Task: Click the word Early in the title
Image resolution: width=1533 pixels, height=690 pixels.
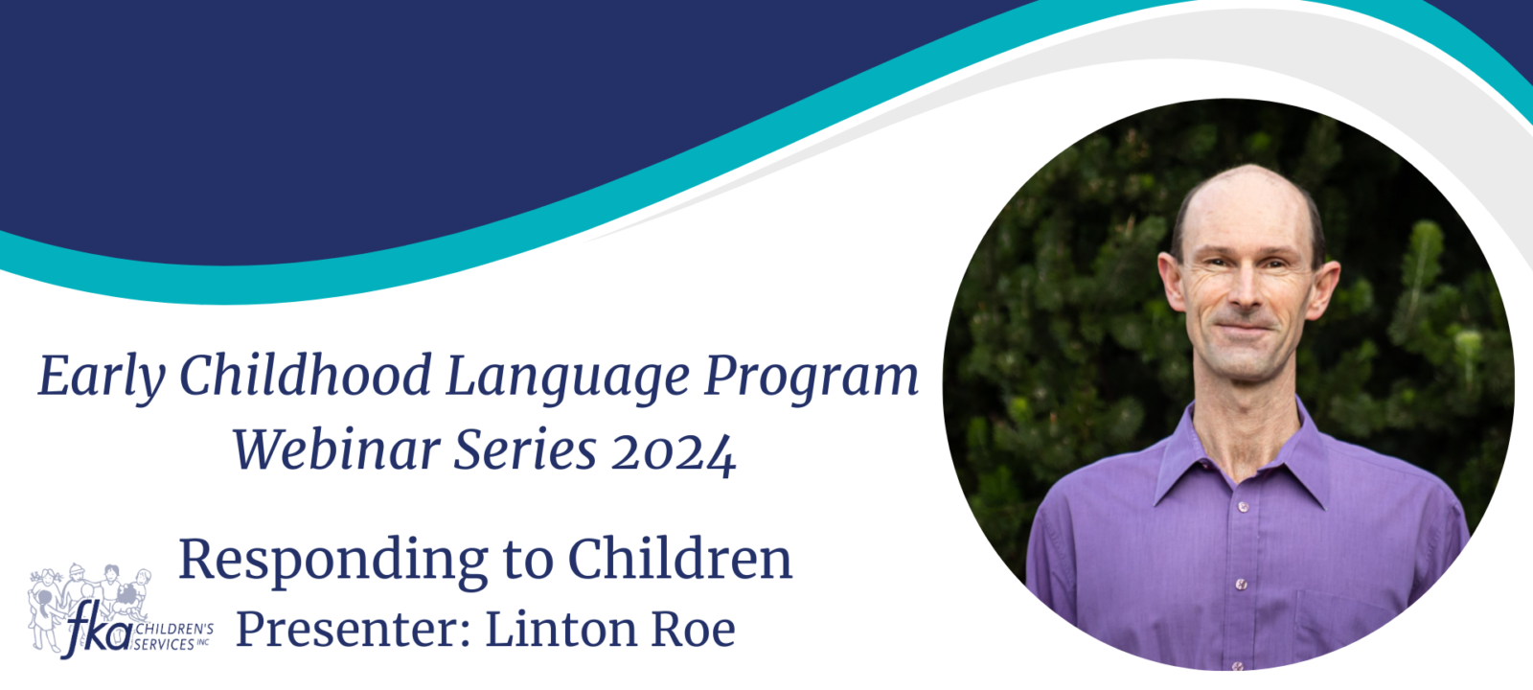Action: pos(102,377)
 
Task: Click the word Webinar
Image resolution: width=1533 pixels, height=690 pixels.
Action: pos(336,449)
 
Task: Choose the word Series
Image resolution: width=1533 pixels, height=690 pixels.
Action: pos(525,449)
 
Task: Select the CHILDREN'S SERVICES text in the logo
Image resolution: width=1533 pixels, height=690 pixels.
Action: pos(173,636)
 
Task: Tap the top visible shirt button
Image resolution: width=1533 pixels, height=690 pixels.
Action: pos(1243,507)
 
